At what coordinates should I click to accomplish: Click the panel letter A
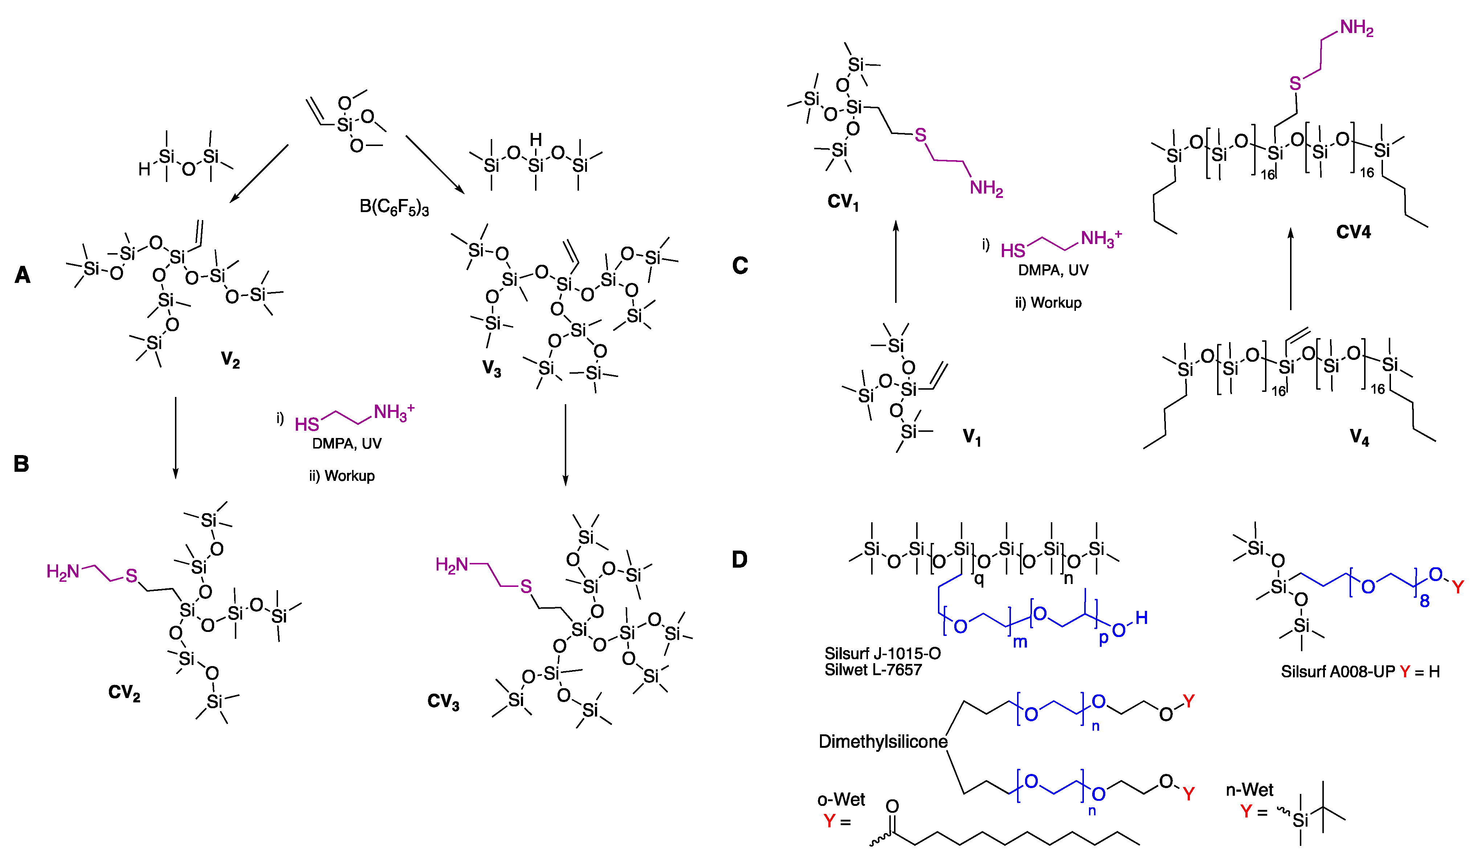coord(22,275)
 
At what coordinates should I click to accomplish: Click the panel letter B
coord(21,464)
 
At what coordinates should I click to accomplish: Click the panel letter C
coord(740,266)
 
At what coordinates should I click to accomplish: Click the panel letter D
coord(740,560)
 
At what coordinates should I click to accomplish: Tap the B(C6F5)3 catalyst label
coord(394,207)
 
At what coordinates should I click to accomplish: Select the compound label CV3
coord(443,702)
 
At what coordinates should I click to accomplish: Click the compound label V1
coord(971,437)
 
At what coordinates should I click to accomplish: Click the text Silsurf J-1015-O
coord(882,653)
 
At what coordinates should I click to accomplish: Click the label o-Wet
coord(841,799)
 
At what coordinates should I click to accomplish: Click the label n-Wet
coord(1250,790)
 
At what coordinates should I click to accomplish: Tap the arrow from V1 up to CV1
coord(895,261)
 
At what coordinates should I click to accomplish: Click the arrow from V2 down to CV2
coord(175,437)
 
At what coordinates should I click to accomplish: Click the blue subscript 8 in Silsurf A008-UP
coord(1424,601)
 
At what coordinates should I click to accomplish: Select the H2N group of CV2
coord(63,571)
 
